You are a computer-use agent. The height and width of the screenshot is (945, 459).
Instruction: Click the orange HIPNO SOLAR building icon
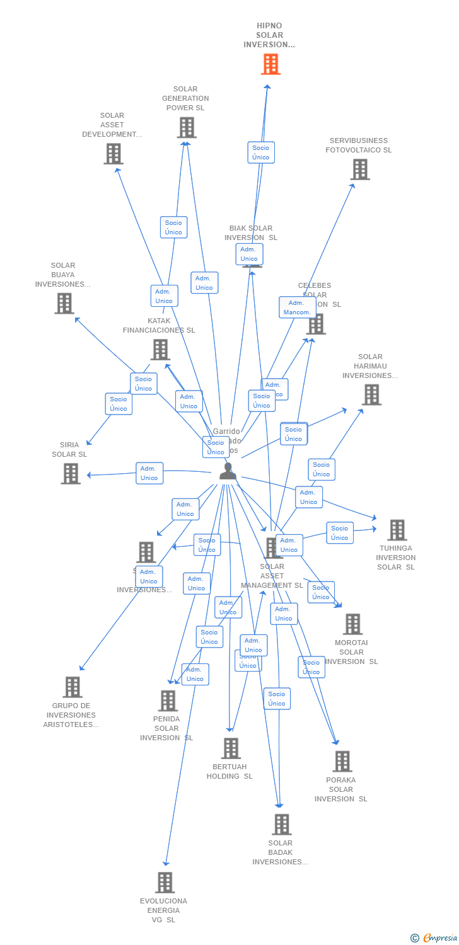coord(270,64)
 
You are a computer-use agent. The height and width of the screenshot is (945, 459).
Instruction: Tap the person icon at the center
coord(228,471)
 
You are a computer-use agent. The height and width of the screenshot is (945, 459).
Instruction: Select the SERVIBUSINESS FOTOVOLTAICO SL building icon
coord(359,169)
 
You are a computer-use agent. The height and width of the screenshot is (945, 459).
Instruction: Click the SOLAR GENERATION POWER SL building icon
coord(186,128)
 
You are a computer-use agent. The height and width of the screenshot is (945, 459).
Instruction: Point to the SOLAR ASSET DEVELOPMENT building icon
coord(113,154)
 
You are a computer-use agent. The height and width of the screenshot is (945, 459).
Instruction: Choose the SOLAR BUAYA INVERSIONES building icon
coord(64,304)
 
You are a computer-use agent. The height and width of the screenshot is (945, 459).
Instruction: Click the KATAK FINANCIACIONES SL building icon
coord(160,350)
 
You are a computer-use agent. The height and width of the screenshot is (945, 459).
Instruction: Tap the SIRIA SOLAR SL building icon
coord(71,474)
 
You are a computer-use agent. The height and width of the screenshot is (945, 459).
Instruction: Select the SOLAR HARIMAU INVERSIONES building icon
coord(371,395)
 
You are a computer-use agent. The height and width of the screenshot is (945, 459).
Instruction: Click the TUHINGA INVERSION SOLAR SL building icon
coord(397,530)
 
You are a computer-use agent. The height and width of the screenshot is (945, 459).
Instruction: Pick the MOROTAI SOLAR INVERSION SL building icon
coord(352,624)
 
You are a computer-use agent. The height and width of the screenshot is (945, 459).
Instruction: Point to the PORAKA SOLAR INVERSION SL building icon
coord(342,762)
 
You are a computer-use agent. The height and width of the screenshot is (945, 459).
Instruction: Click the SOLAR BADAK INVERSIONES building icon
coord(281,824)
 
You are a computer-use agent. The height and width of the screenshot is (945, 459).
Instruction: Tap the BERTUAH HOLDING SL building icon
coord(231,748)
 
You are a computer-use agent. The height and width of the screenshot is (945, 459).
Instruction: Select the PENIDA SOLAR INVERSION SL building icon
coord(168,701)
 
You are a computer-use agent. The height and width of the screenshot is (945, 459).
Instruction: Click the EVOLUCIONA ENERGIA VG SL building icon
coord(165,883)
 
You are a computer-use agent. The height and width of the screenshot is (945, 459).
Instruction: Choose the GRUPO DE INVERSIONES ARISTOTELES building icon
coord(73,687)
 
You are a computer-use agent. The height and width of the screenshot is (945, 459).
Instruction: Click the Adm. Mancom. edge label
coord(297,307)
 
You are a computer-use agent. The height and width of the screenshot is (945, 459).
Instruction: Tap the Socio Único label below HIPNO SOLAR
coord(261,152)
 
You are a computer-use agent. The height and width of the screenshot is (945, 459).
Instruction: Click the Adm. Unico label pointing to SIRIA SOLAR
coord(149,473)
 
